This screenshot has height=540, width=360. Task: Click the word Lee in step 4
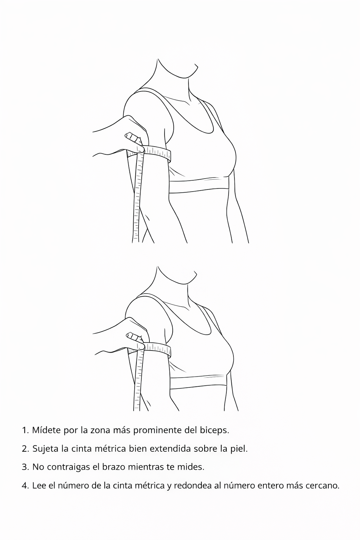[x=39, y=486]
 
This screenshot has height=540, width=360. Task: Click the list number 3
[x=25, y=467]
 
